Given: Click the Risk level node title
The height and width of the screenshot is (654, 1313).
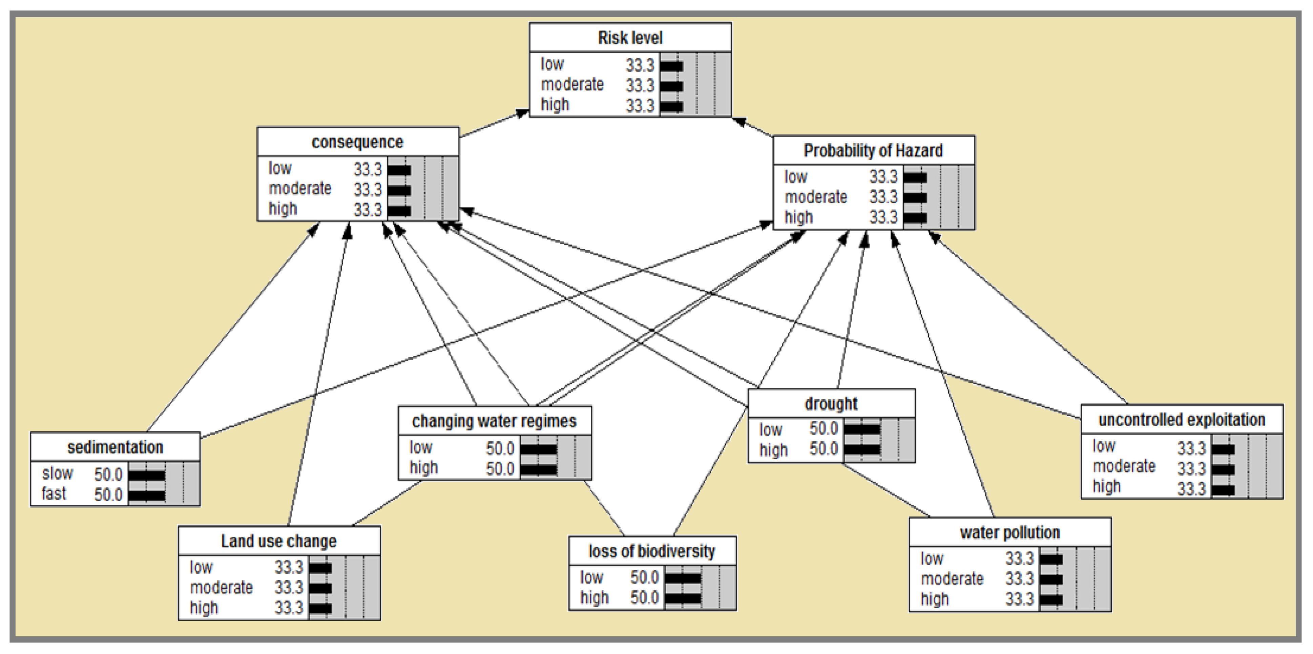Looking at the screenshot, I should coord(630,38).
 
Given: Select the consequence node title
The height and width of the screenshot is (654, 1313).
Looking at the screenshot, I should coord(357,142).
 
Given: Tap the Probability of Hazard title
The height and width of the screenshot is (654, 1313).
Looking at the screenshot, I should coord(873,151).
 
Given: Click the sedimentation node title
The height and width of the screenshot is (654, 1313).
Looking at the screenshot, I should coord(115,447).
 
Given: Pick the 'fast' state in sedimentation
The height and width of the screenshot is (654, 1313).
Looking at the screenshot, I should coord(54,494).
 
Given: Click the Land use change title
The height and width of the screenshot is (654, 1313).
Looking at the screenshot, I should coord(279,541).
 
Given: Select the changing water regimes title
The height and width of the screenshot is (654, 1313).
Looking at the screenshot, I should coord(494,422).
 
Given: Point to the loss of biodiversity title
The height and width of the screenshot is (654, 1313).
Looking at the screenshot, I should coord(651,551).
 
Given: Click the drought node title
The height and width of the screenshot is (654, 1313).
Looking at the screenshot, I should coord(831,404).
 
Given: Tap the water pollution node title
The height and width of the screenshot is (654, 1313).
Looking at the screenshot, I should coord(1010,533).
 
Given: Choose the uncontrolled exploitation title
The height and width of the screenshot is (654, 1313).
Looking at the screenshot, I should coord(1182,420).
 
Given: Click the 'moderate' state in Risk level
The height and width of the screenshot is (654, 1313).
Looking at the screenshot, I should coord(572,85).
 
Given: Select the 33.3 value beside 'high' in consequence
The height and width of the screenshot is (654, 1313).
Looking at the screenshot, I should coord(368,210).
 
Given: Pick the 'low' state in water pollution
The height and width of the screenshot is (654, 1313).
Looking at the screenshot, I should coord(932,559).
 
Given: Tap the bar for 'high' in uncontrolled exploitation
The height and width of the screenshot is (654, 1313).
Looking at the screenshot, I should coord(1223,490).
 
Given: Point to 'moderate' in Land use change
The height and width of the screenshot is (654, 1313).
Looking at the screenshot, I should coord(221,588).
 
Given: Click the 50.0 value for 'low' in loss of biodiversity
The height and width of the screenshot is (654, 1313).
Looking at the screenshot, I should coord(644,577).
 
